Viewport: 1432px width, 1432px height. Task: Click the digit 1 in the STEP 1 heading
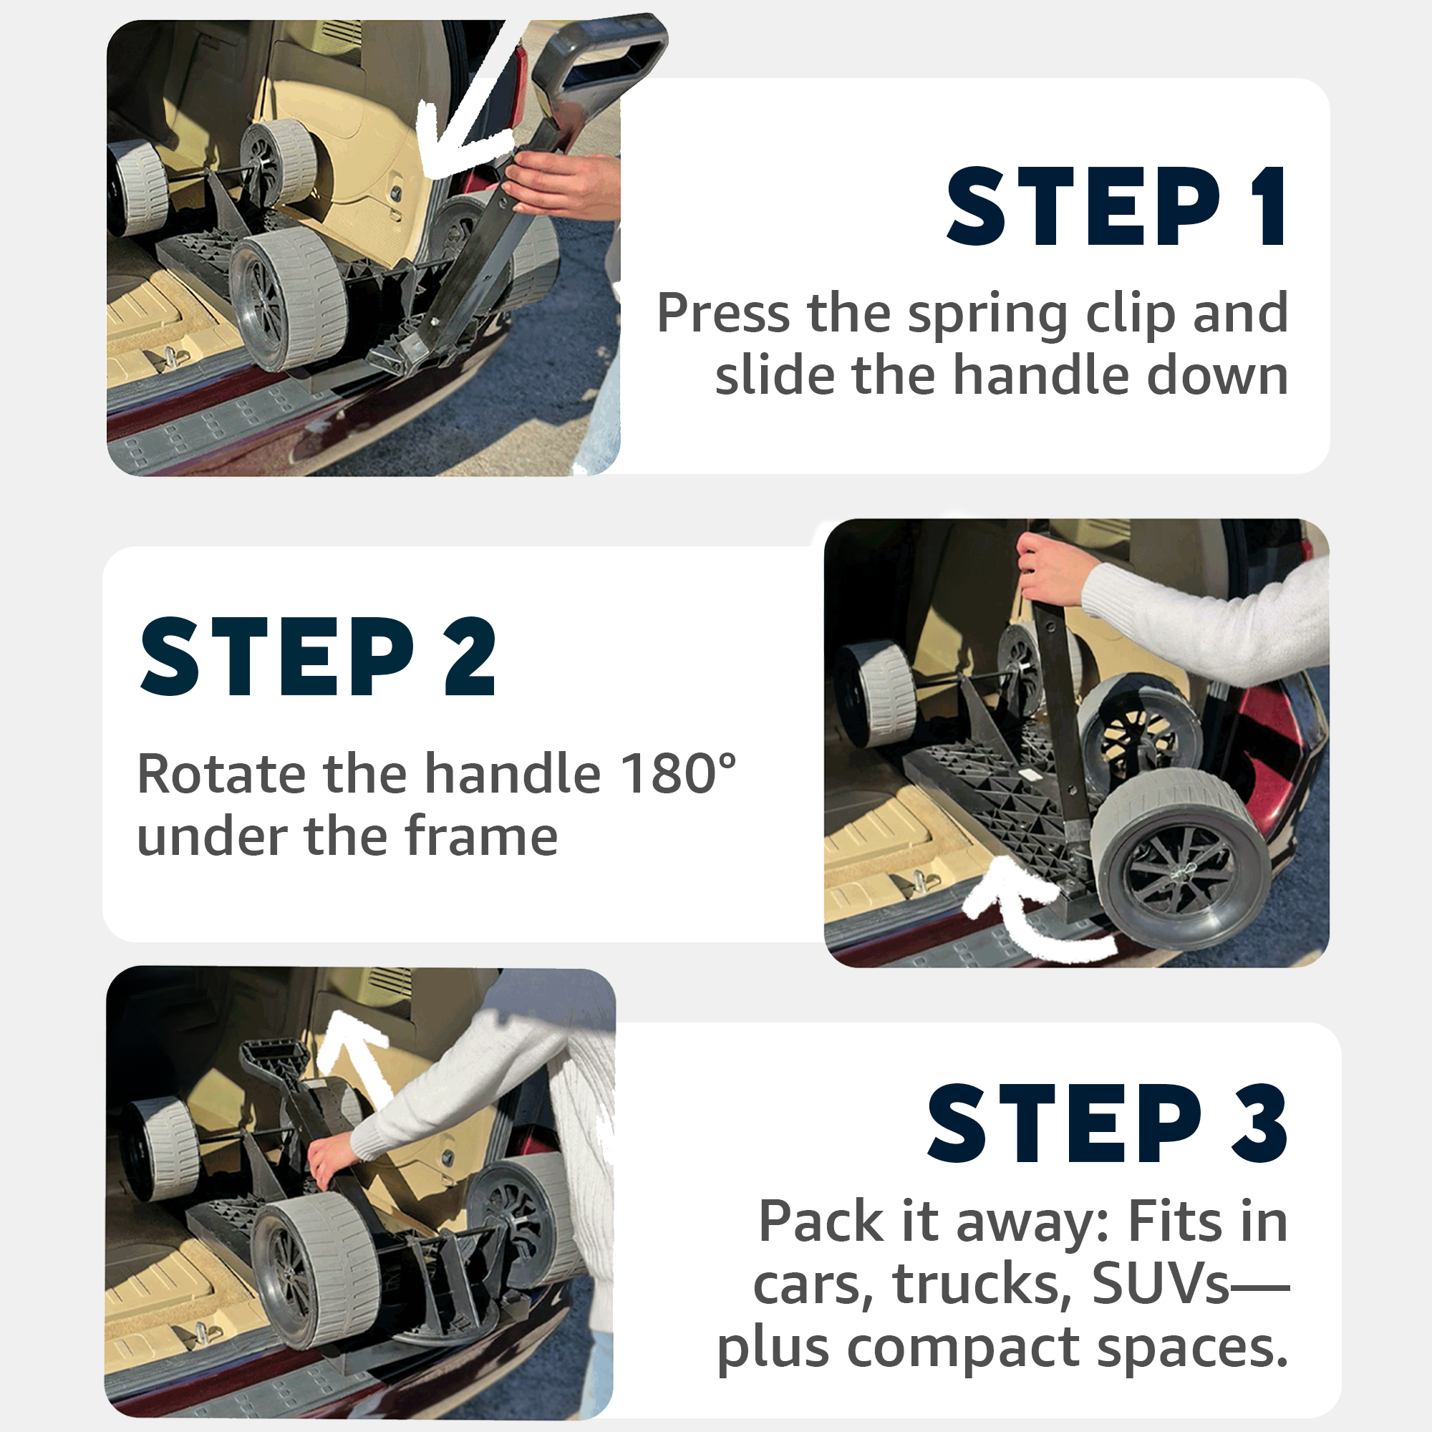point(1268,206)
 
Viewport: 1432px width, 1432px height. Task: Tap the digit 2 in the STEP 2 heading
point(470,657)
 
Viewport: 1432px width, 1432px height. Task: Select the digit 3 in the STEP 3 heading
point(1259,1123)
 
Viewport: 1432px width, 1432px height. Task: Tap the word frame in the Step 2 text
point(481,836)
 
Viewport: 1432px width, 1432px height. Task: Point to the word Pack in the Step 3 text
point(821,1221)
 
